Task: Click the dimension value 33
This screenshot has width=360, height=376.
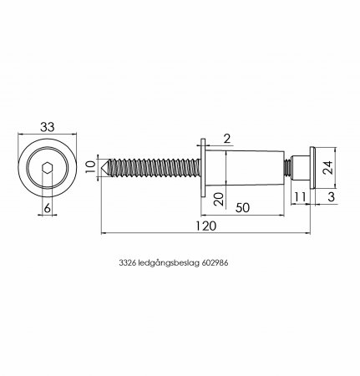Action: [x=48, y=127]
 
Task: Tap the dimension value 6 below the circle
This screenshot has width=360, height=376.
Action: [x=48, y=208]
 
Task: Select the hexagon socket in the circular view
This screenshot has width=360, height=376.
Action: [x=48, y=168]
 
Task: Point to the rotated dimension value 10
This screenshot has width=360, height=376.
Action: [x=90, y=167]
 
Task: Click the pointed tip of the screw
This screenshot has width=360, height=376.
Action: [x=102, y=168]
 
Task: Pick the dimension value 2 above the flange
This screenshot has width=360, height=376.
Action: [x=227, y=139]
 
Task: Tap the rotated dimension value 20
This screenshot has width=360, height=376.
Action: [x=220, y=200]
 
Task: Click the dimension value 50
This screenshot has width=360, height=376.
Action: [x=243, y=208]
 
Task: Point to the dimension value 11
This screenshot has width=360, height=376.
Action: [x=300, y=197]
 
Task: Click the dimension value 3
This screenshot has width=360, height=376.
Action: [x=331, y=197]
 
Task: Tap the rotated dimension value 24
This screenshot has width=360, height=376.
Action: [x=327, y=167]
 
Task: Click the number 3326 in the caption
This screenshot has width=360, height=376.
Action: [x=127, y=263]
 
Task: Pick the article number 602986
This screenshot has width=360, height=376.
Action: [x=215, y=263]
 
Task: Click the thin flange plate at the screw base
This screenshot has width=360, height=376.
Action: [x=203, y=168]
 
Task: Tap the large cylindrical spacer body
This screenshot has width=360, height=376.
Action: [x=245, y=168]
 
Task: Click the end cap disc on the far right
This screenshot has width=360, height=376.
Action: [x=312, y=168]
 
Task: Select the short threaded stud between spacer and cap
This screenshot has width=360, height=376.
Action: [x=287, y=168]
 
